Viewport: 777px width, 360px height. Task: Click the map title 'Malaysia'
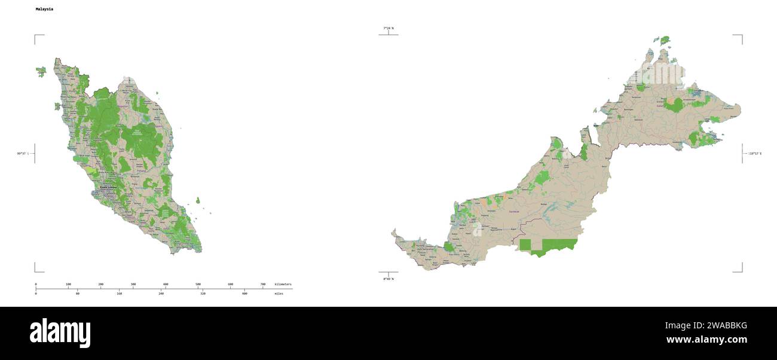pyautogui.click(x=44, y=10)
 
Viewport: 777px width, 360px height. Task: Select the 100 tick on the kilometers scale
pyautogui.click(x=68, y=284)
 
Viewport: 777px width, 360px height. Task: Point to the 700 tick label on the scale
pyautogui.click(x=263, y=284)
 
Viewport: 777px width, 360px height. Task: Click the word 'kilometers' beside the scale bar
pyautogui.click(x=283, y=284)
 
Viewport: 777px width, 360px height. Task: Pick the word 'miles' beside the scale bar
pyautogui.click(x=279, y=294)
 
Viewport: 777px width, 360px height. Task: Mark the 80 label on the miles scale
pyautogui.click(x=78, y=294)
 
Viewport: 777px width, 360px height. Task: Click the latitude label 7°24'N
pyautogui.click(x=389, y=28)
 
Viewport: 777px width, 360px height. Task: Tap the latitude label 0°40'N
pyautogui.click(x=389, y=279)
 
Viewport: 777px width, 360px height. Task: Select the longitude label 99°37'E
pyautogui.click(x=24, y=154)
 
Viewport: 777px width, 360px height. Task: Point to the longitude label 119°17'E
pyautogui.click(x=755, y=154)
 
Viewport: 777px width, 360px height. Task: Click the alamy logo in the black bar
pyautogui.click(x=60, y=333)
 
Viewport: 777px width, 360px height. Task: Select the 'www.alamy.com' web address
pyautogui.click(x=706, y=340)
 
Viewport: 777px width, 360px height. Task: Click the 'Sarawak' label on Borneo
pyautogui.click(x=513, y=211)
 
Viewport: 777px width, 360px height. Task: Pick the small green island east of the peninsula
pyautogui.click(x=198, y=201)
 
